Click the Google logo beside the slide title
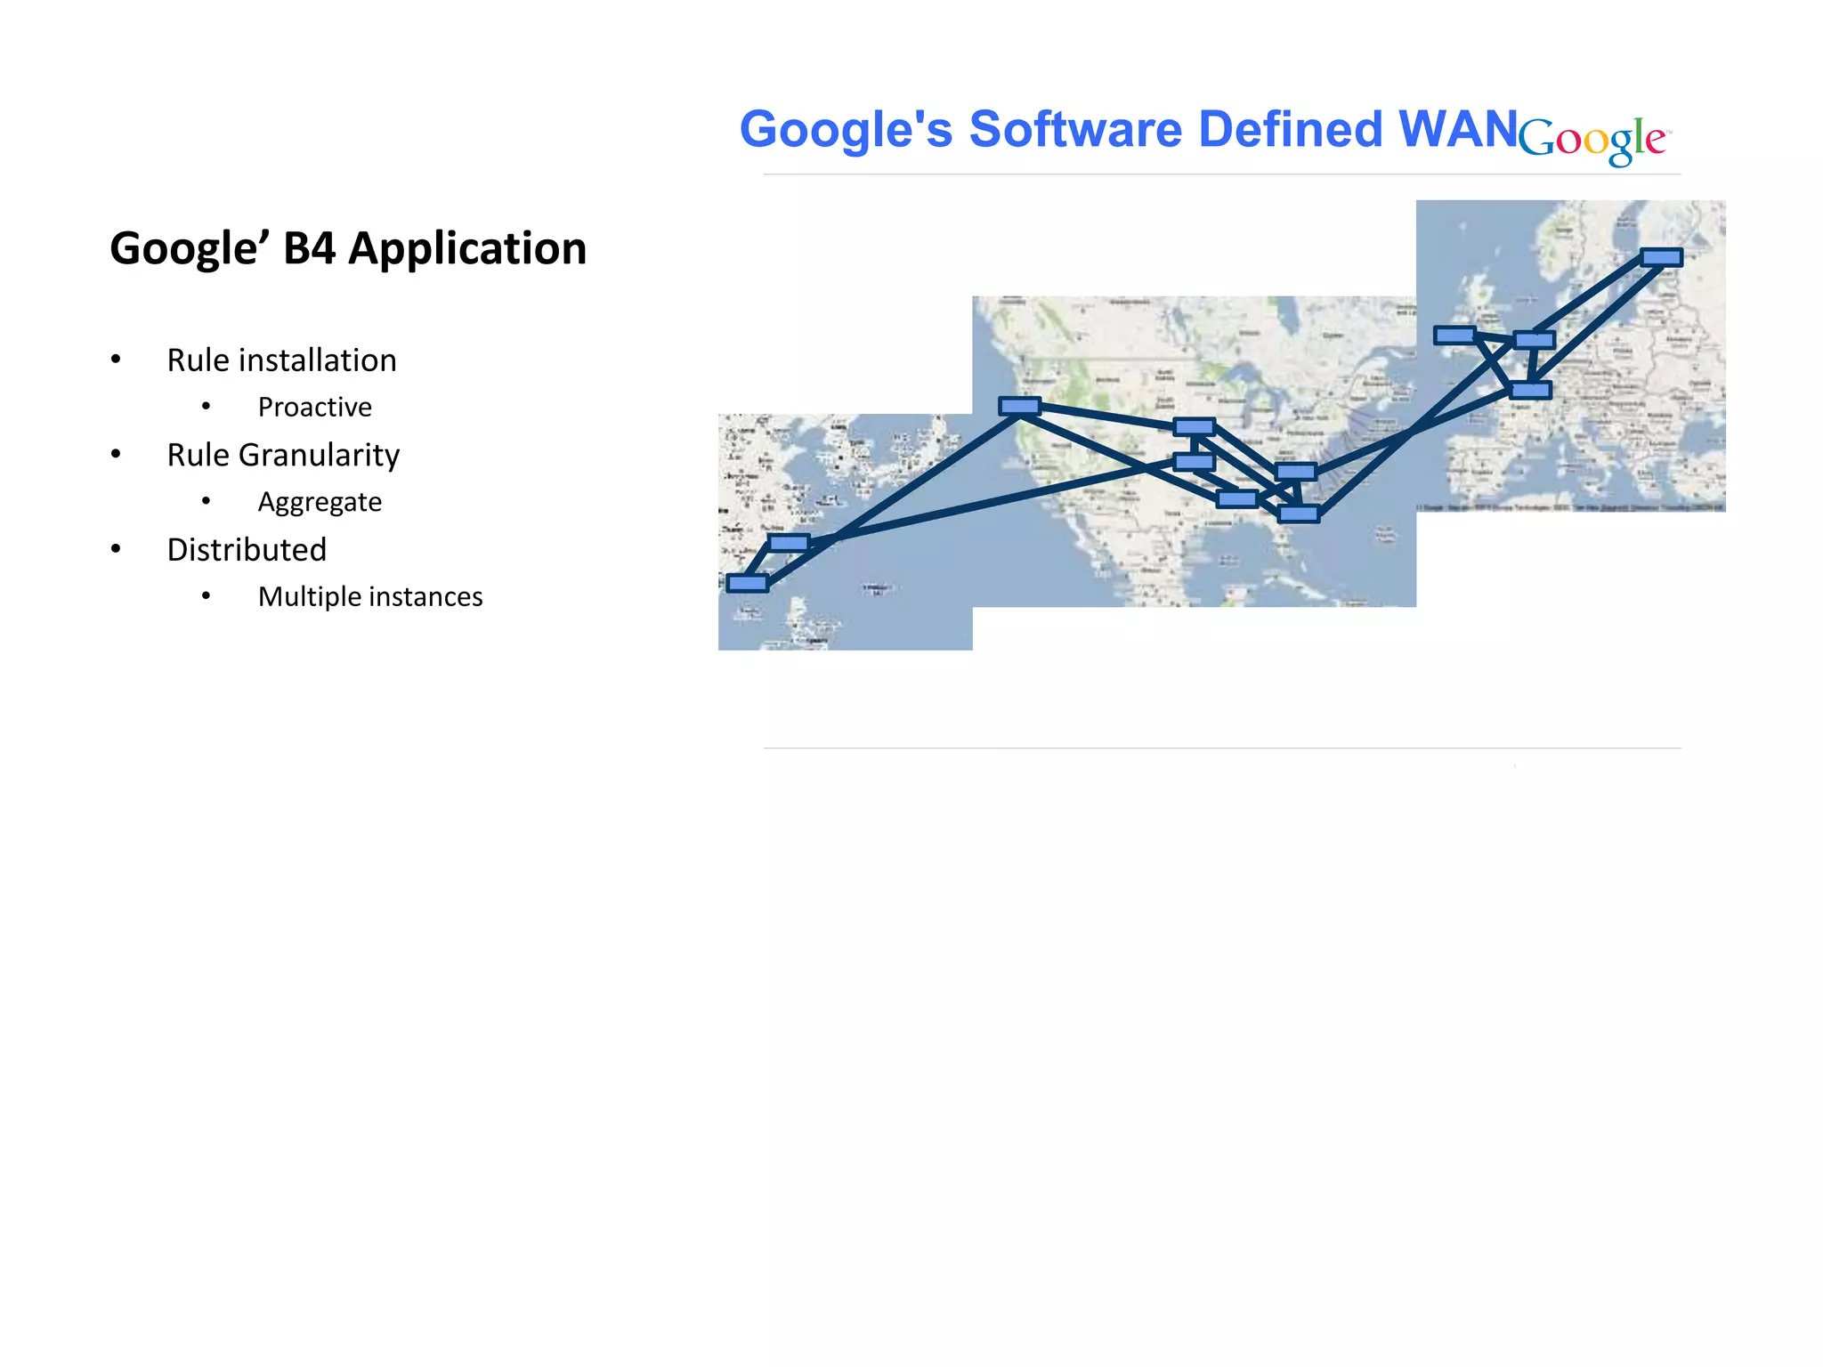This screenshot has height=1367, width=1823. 1593,140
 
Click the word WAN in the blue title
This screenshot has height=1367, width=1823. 1457,130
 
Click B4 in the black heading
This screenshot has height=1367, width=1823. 309,248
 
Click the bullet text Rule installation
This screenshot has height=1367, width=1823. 281,360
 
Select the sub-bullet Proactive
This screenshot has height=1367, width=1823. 314,407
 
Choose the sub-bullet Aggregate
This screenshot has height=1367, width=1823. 320,502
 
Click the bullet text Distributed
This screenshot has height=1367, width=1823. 247,550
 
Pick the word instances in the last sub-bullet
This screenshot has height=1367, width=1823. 425,596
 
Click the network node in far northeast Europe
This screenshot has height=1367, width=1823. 1661,257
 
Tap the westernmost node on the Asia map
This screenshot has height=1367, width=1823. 747,583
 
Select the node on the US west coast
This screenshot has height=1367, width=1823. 1019,407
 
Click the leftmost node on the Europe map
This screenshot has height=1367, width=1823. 1454,336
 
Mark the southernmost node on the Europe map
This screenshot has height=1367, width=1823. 1531,390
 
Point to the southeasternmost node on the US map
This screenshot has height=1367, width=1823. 1298,514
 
